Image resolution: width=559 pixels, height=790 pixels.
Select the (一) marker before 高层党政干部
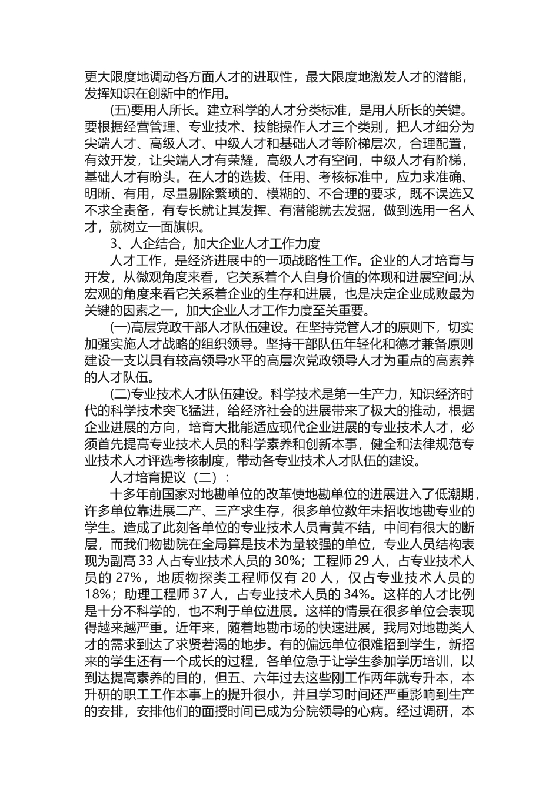click(121, 326)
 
